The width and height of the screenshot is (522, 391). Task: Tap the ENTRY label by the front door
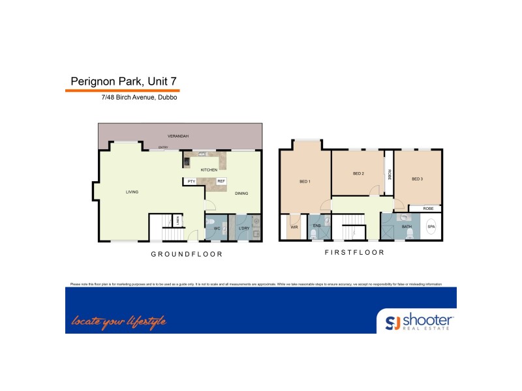point(163,148)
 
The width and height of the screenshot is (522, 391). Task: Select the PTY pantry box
point(191,181)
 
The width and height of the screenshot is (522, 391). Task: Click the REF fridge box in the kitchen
point(221,181)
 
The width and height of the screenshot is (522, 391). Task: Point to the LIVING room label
point(132,192)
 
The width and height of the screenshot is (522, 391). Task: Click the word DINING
point(241,193)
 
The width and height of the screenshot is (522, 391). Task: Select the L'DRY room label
point(244,228)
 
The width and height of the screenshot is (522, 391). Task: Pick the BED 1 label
point(305,181)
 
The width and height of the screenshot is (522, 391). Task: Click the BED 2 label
point(358,173)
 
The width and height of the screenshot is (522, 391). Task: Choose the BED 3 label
point(417,179)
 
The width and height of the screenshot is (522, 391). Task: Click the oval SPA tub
point(431,227)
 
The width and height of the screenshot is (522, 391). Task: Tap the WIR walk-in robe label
point(294,227)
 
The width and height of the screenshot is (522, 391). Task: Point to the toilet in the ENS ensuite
point(314,233)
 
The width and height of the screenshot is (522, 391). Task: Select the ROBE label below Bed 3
point(428,209)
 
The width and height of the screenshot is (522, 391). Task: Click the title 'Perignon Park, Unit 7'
point(123,81)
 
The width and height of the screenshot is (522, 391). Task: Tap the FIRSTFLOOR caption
point(354,252)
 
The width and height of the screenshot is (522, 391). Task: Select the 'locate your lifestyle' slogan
point(119,321)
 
